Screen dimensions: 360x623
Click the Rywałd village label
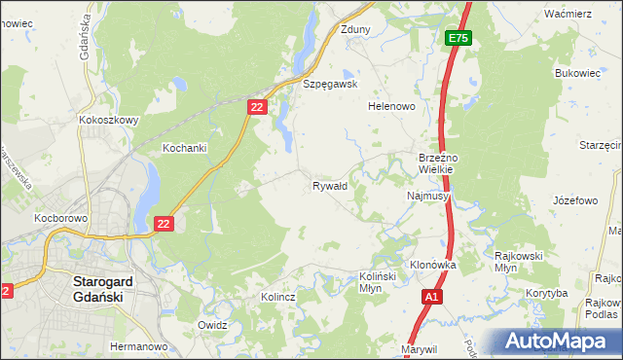329,185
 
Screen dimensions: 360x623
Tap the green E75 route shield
458,38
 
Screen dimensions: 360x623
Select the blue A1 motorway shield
432,296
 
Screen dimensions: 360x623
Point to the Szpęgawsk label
331,84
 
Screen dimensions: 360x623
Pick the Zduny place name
355,29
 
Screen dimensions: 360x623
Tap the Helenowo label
392,106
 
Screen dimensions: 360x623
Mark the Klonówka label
433,265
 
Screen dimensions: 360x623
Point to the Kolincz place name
278,296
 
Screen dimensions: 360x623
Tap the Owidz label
211,325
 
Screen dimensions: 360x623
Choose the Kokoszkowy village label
108,121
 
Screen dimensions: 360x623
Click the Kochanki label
184,148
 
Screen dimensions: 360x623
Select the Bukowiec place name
575,73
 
